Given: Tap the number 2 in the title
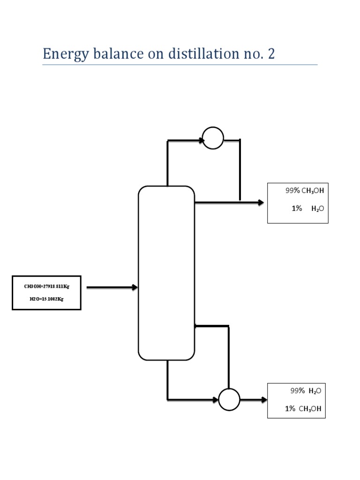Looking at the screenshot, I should [271, 54].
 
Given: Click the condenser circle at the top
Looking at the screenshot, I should [213, 138].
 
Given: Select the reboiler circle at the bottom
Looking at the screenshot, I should [229, 400].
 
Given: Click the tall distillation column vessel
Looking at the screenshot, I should [166, 273].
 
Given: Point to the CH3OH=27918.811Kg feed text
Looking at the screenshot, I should [46, 285].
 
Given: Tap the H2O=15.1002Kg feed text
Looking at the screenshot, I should [46, 299].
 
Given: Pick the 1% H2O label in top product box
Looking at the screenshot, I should [307, 209].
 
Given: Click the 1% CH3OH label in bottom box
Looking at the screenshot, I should [303, 409].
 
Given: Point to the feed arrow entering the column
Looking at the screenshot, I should [112, 287].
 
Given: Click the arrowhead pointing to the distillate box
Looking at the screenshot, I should [261, 202].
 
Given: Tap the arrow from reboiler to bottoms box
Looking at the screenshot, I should [254, 400].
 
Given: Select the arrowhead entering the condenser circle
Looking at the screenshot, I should [201, 140].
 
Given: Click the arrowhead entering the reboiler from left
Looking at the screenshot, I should [215, 400].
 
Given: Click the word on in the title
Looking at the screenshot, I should [151, 54].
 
